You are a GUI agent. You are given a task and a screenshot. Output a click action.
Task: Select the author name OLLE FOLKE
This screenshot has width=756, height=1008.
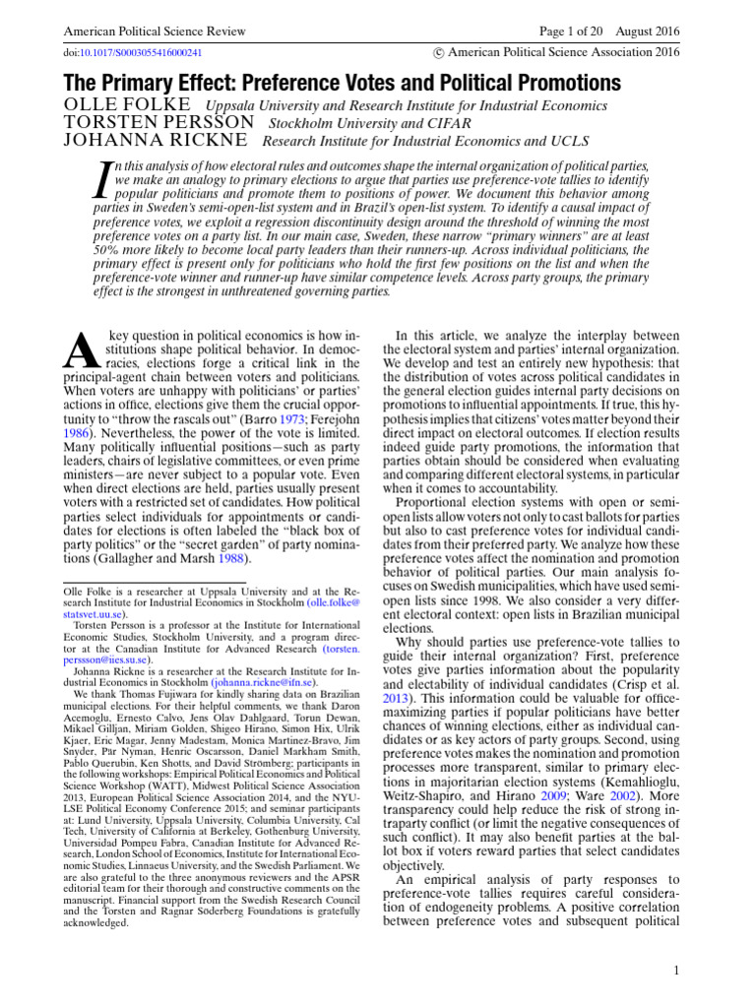[126, 105]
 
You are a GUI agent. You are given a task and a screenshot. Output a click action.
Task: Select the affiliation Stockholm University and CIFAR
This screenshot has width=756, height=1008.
[356, 124]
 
